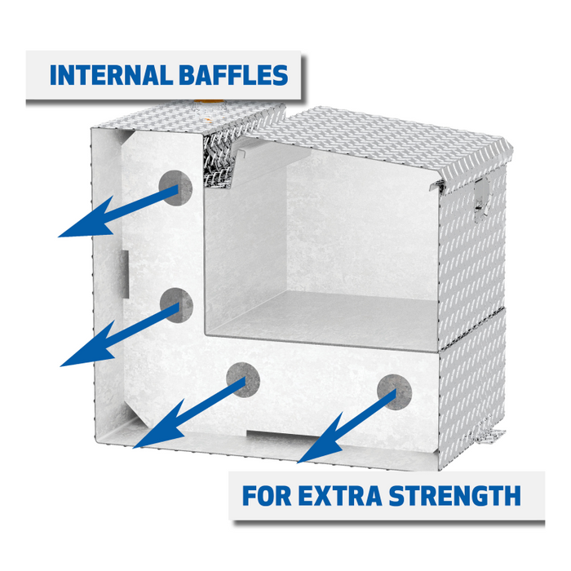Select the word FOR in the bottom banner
[x=270, y=495]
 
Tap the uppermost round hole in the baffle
[x=176, y=188]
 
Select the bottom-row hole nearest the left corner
[x=241, y=379]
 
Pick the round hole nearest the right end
[x=394, y=390]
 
